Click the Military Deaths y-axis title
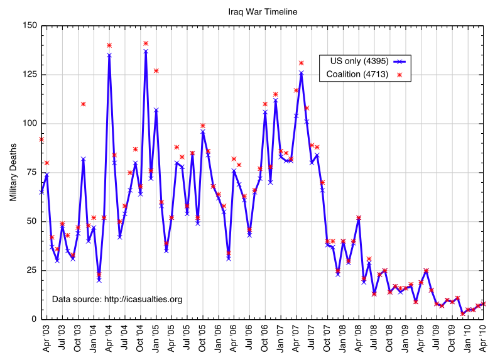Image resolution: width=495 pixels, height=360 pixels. click(13, 172)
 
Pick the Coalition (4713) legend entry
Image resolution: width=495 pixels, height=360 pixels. click(357, 75)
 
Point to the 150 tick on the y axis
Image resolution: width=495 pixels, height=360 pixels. click(30, 26)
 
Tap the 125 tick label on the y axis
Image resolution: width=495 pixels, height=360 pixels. click(30, 75)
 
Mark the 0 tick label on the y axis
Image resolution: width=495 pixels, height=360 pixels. click(34, 319)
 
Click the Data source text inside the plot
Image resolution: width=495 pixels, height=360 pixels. click(117, 300)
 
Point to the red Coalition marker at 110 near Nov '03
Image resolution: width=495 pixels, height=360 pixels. click(83, 104)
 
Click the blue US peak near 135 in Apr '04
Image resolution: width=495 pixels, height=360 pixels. click(109, 55)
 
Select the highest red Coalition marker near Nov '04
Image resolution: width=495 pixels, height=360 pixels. click(146, 43)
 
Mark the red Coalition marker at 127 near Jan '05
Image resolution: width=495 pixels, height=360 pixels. click(156, 70)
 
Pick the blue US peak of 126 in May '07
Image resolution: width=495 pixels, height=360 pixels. click(302, 73)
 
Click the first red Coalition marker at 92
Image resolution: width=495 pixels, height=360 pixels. click(41, 139)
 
